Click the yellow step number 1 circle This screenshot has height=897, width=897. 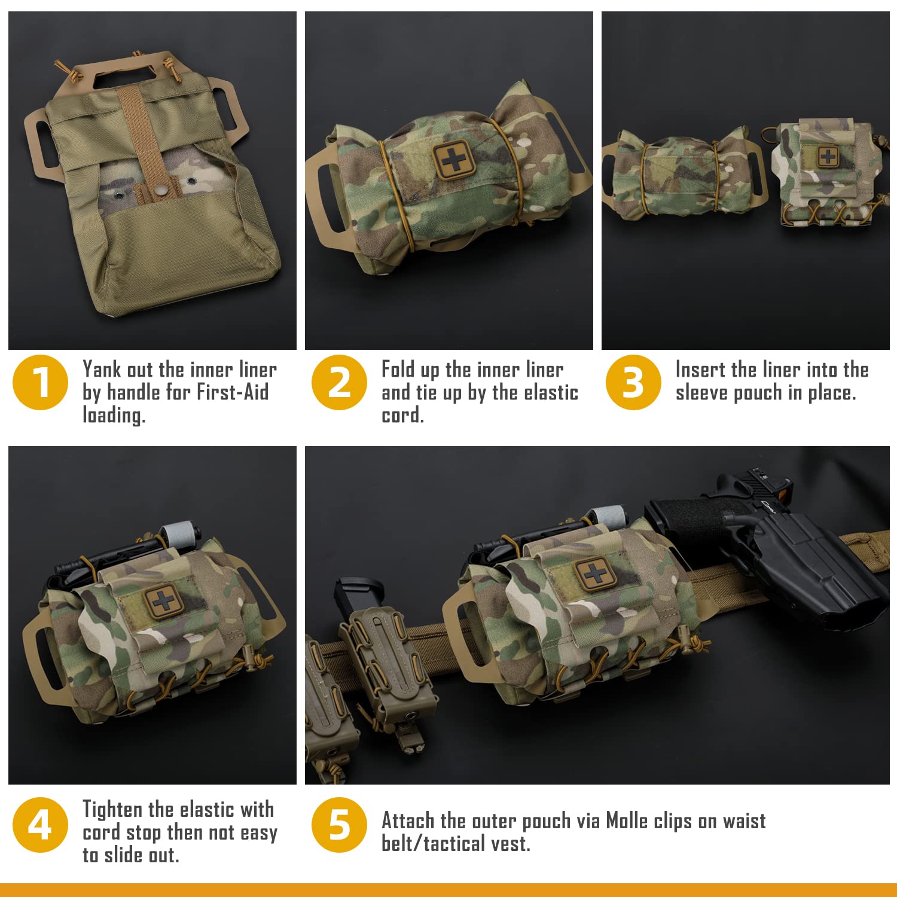pos(40,383)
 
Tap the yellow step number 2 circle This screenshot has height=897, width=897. pos(339,383)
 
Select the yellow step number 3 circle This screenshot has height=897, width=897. pos(633,383)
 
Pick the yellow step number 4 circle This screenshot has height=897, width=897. pos(40,825)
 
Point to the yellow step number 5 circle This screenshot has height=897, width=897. pos(339,825)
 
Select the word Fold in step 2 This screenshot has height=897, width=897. pos(398,370)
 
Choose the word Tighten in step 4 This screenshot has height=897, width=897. pos(112,810)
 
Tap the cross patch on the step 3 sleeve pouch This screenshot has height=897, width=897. pos(828,157)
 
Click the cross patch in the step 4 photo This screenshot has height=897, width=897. pos(162,600)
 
